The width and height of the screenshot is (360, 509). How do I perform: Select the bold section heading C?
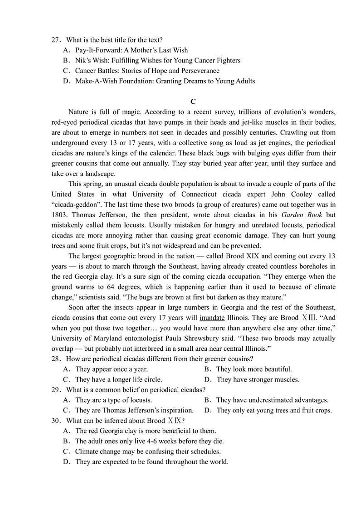click(193, 102)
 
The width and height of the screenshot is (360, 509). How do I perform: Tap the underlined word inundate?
click(212, 318)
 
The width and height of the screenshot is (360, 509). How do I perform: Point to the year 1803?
click(60, 215)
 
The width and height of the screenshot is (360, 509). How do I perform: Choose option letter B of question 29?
click(206, 400)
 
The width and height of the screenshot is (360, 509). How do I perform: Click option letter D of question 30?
click(66, 462)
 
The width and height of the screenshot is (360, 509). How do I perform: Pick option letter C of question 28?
click(66, 380)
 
